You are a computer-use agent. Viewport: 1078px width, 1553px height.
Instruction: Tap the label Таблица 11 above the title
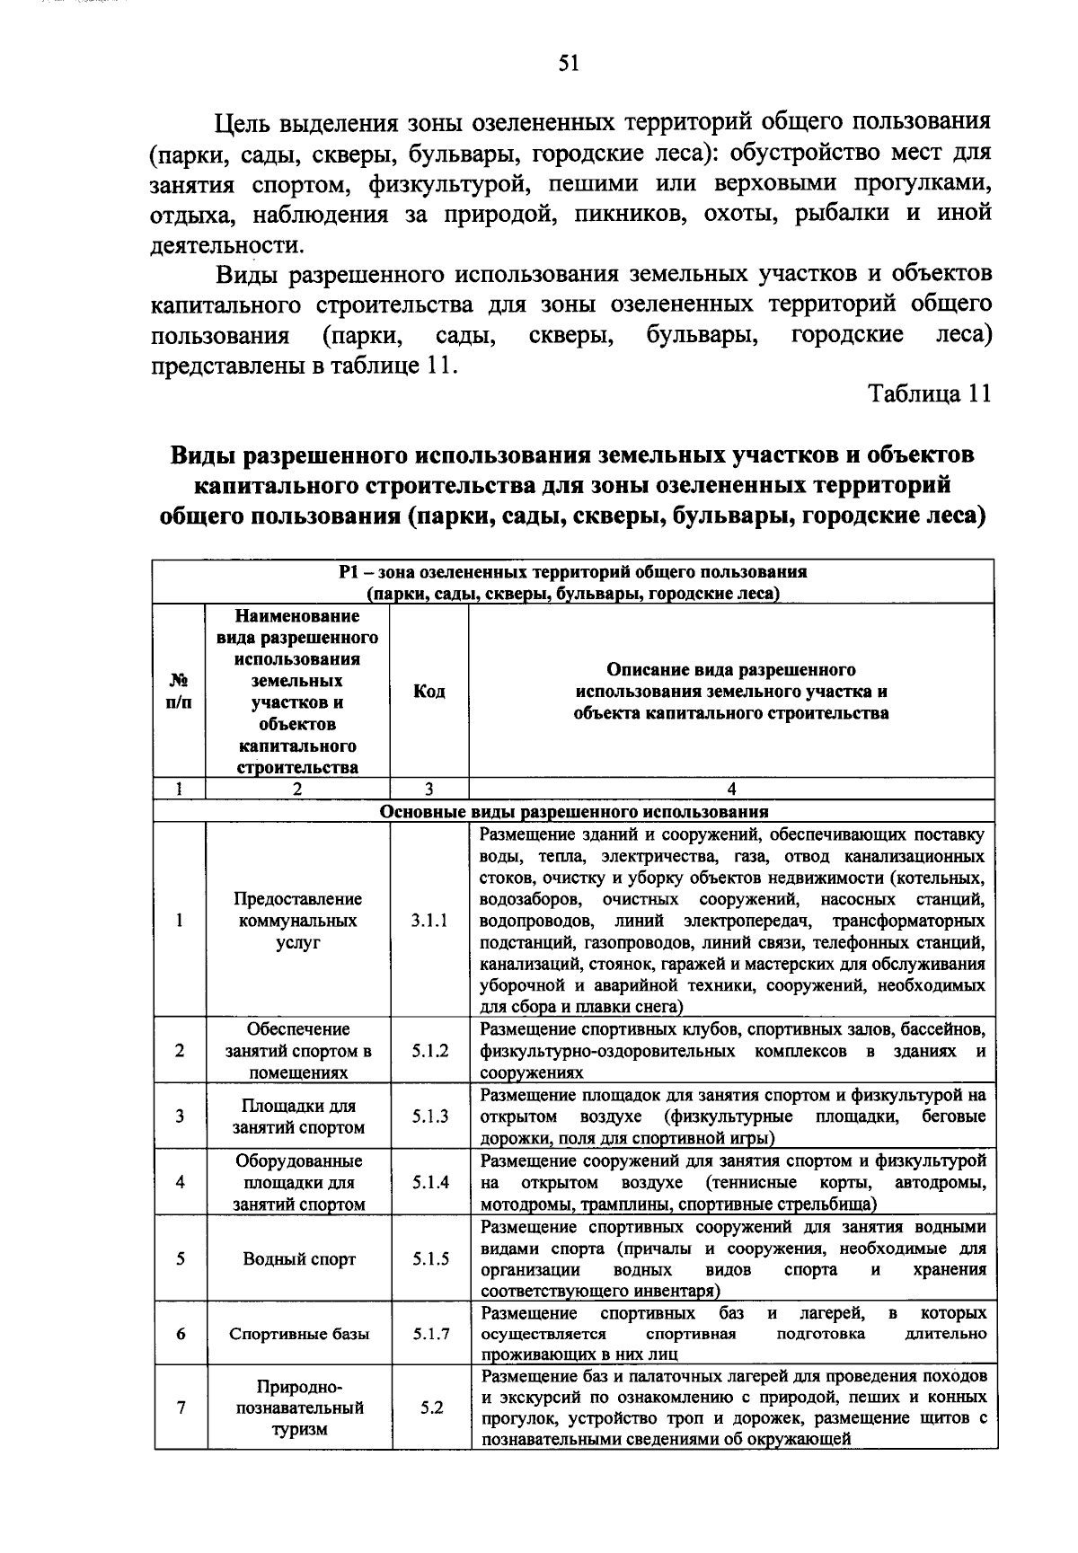(929, 395)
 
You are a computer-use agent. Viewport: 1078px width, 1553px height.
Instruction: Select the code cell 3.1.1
(429, 921)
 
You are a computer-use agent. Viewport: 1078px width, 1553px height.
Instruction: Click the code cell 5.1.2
(429, 1051)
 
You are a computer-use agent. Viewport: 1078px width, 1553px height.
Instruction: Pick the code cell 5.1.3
(429, 1116)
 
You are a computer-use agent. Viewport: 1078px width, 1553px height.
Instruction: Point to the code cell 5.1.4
(429, 1182)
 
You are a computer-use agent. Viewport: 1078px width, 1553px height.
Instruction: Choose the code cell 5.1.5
(429, 1258)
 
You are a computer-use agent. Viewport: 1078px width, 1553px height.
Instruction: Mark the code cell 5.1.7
(429, 1334)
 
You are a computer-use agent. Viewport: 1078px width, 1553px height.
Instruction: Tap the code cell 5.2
(431, 1407)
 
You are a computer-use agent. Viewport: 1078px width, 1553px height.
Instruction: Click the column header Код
(429, 692)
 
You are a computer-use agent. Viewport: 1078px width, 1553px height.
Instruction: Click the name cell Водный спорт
(299, 1258)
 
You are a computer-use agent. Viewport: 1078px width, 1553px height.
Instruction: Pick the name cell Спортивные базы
(299, 1334)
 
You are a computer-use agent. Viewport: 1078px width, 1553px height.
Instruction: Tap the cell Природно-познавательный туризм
(299, 1407)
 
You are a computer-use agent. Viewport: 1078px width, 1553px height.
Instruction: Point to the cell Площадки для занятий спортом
(299, 1116)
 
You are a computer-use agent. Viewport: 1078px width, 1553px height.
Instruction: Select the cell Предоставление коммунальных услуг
(299, 921)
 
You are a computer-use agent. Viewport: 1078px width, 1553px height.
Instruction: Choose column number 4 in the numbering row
(731, 790)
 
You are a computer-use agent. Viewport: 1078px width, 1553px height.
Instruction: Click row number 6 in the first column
(181, 1334)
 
